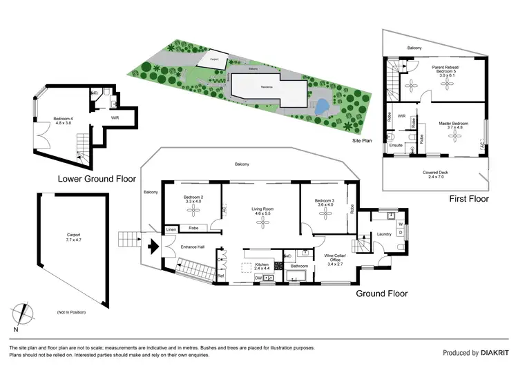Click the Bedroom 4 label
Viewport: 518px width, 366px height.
62,120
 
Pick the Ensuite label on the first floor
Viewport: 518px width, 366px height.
396,145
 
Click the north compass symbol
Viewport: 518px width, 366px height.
24,311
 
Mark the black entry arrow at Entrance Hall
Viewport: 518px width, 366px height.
153,243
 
